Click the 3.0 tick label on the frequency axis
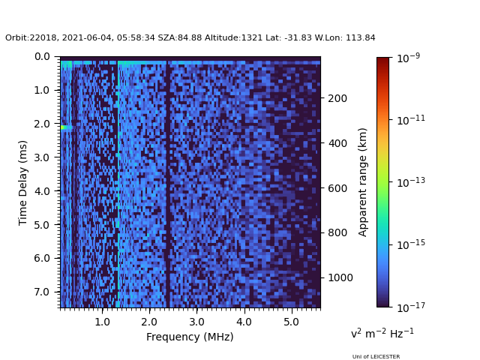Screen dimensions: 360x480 pos(196,321)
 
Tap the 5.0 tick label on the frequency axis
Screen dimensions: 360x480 pos(290,321)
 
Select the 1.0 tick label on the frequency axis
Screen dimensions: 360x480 pos(101,321)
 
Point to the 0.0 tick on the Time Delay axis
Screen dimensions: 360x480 pos(42,56)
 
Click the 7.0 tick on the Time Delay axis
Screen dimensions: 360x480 pos(42,292)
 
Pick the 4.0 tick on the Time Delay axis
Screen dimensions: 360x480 pos(42,191)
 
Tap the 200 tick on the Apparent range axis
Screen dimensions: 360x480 pos(336,98)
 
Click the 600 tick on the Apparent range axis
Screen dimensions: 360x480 pos(336,188)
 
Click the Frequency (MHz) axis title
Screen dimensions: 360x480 pos(190,337)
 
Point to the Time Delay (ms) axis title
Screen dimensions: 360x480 pos(23,182)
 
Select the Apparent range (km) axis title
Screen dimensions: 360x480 pos(363,181)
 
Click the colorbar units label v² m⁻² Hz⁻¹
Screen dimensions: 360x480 pos(382,333)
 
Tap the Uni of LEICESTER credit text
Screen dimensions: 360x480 pos(376,357)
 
